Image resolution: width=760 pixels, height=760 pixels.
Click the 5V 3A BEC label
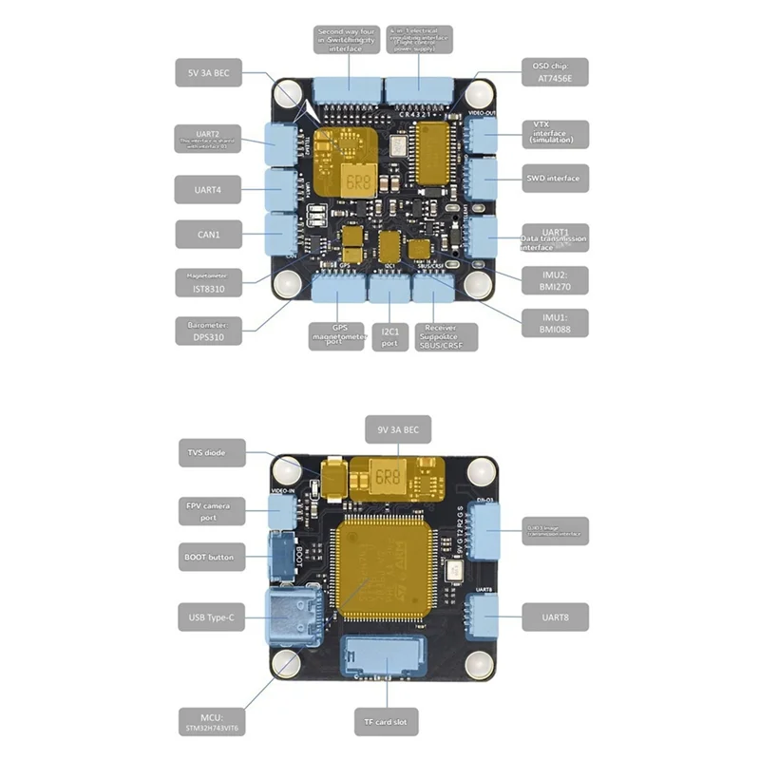pyautogui.click(x=208, y=71)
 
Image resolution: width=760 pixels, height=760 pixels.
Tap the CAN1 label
pyautogui.click(x=208, y=234)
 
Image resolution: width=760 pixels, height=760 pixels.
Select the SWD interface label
pyautogui.click(x=553, y=178)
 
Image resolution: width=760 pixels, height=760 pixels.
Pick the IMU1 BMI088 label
pyautogui.click(x=553, y=324)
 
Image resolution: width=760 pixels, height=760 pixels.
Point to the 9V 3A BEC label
pyautogui.click(x=399, y=430)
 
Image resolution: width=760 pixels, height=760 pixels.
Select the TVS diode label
pyautogui.click(x=208, y=454)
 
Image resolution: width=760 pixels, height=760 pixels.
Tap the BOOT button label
pyautogui.click(x=208, y=557)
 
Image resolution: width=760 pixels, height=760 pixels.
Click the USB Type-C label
pyautogui.click(x=208, y=617)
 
